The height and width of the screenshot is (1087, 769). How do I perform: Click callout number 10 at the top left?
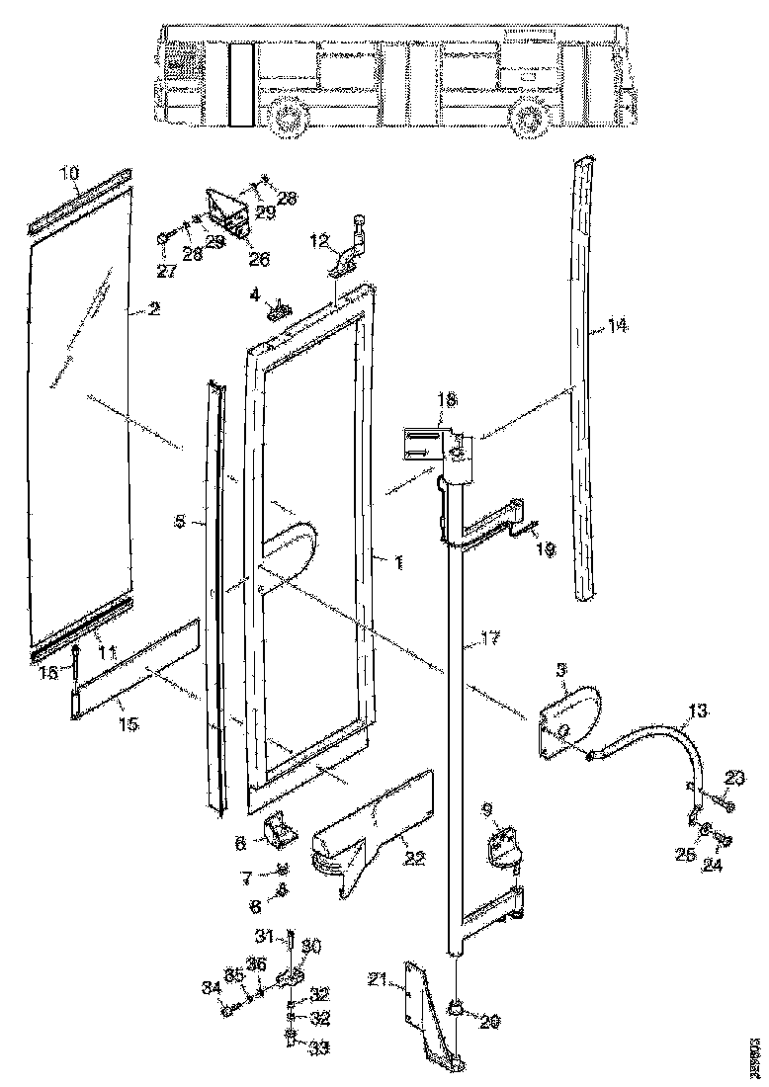tap(69, 174)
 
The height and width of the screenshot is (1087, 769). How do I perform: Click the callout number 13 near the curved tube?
tap(697, 711)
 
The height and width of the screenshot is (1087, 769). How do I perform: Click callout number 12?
tap(319, 242)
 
